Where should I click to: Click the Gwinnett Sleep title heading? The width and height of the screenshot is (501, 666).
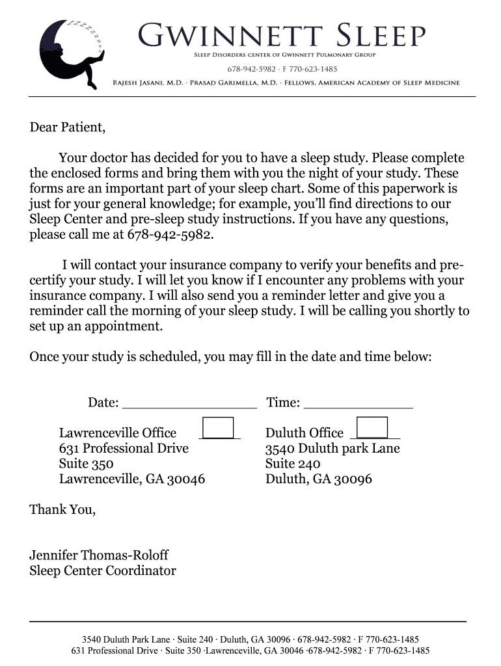click(282, 36)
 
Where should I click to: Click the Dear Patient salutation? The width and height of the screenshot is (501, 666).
click(67, 127)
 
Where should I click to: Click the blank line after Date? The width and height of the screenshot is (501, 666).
click(189, 403)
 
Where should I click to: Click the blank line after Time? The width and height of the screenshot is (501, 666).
click(358, 403)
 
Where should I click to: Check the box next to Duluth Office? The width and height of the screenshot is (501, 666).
click(372, 429)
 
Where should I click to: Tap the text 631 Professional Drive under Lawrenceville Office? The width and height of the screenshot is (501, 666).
click(124, 449)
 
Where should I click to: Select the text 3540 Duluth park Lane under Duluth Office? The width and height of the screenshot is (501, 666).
click(332, 449)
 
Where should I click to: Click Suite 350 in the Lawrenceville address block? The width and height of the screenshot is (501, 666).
click(86, 464)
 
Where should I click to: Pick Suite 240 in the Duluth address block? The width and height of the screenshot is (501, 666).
click(293, 464)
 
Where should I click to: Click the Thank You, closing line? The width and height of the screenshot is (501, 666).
click(62, 510)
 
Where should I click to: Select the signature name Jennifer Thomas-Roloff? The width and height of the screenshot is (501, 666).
click(99, 555)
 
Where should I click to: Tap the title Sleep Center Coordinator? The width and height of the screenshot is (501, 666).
click(103, 571)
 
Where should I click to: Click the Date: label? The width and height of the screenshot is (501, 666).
click(103, 403)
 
